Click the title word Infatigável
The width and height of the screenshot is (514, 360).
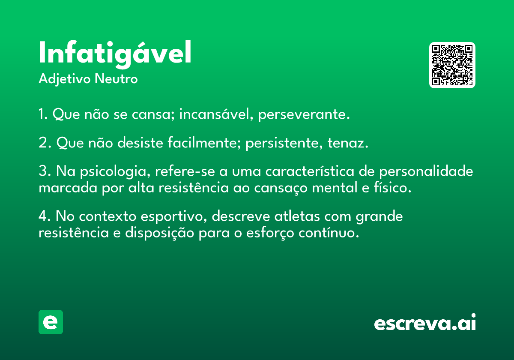click(115, 54)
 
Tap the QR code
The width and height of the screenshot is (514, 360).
click(452, 65)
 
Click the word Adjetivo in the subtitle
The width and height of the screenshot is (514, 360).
click(65, 79)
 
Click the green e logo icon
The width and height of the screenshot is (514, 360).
click(51, 322)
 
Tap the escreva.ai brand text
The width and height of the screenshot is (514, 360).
click(425, 323)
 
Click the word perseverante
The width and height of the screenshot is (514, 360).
click(304, 115)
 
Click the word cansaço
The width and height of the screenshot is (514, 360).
click(277, 188)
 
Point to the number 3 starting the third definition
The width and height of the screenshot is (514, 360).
click(42, 171)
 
